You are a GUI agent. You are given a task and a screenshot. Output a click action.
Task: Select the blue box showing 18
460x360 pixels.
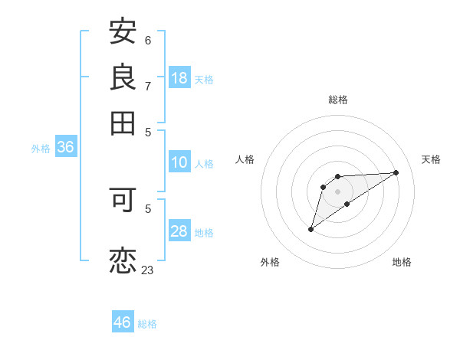tap(179, 77)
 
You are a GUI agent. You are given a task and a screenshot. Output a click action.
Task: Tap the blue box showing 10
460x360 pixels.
tap(179, 162)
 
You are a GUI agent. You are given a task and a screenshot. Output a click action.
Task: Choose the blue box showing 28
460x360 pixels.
tap(179, 231)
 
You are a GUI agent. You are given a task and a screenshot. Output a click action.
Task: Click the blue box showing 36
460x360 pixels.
tap(65, 148)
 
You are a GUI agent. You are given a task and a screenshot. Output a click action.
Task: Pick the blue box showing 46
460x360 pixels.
tap(123, 322)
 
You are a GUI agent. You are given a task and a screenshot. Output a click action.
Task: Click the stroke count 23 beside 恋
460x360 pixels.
tap(147, 270)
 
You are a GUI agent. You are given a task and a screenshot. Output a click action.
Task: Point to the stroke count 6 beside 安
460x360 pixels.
tap(148, 40)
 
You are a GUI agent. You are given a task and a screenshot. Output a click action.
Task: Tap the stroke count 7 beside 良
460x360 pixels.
tap(148, 85)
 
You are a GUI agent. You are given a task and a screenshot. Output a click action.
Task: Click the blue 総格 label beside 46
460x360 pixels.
tap(147, 324)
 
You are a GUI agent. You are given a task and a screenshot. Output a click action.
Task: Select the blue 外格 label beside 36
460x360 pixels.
tap(41, 149)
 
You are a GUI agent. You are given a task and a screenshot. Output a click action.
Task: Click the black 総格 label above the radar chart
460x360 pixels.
tap(337, 100)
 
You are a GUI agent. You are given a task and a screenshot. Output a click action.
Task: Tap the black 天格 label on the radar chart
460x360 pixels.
tap(431, 159)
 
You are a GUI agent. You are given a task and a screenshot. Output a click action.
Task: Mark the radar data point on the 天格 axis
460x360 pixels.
tap(396, 172)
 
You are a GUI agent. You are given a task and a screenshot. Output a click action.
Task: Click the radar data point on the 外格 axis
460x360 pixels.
tap(310, 229)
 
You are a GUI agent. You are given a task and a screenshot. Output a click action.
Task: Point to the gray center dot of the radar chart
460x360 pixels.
tap(337, 191)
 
